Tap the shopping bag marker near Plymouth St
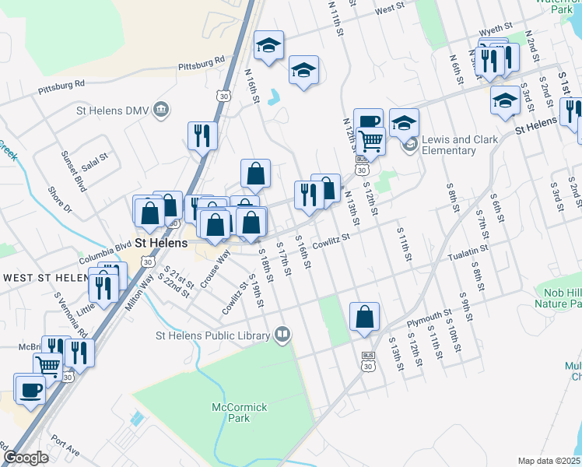point(364,317)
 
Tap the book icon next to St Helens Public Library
point(282,335)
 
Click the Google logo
point(26,458)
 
